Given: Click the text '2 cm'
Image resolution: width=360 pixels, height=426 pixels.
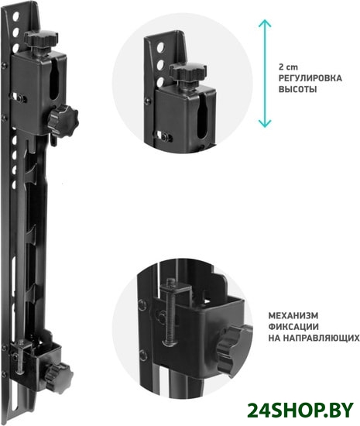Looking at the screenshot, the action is [x=288, y=67].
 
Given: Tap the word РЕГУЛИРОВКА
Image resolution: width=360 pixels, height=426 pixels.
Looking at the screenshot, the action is [x=310, y=78].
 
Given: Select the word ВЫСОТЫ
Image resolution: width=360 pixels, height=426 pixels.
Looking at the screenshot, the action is [x=297, y=89].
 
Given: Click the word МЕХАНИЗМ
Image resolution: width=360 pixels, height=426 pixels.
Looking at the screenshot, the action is [x=293, y=316].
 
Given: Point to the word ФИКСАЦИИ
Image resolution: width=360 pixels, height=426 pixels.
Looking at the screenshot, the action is [x=293, y=327].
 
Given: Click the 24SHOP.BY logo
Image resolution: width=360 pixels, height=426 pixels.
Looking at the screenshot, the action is [x=300, y=411].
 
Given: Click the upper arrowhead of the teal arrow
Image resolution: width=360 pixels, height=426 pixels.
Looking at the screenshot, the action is [x=265, y=23].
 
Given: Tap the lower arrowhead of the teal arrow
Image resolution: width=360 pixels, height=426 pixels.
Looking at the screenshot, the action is [x=265, y=124].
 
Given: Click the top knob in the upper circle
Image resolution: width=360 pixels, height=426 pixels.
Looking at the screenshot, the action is [x=187, y=71].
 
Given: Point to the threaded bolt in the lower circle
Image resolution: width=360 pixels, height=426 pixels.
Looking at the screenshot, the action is [x=171, y=309].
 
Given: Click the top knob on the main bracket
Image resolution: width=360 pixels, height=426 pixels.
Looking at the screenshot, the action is [x=41, y=39].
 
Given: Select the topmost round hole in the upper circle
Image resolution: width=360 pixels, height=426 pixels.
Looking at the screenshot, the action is [x=160, y=47].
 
